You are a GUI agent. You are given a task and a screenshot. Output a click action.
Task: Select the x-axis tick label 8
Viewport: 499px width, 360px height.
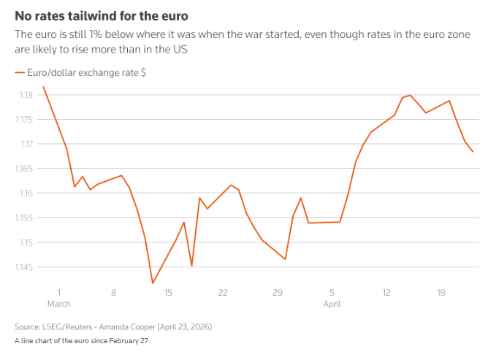[x=114, y=293]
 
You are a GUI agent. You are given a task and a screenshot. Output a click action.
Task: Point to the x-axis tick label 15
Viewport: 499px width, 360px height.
[x=168, y=293]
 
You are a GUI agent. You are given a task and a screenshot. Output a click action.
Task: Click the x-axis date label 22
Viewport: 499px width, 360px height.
[x=223, y=293]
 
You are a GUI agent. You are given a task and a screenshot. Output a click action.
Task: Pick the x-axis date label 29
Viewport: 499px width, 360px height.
[x=278, y=293]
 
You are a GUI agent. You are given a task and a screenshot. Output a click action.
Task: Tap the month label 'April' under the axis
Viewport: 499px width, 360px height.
[x=332, y=303]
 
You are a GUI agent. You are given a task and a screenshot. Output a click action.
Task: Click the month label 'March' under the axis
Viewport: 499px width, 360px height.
[x=59, y=303]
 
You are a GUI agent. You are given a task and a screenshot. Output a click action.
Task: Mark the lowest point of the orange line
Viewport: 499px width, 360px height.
[x=153, y=283]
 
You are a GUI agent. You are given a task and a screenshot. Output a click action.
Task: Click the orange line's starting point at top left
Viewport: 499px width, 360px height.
[x=43, y=87]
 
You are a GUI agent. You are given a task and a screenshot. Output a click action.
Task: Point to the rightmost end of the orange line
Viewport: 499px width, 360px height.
[x=473, y=152]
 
